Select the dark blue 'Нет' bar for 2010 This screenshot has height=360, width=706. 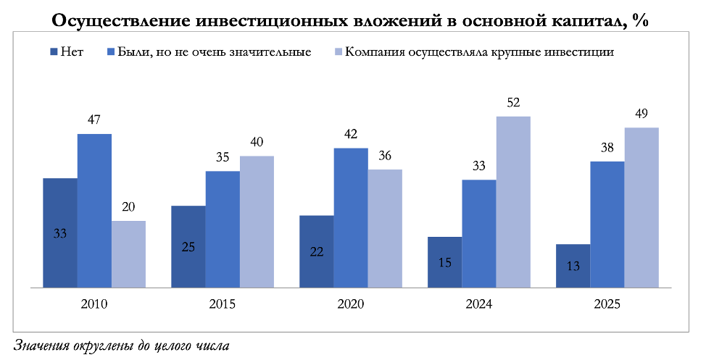pyautogui.click(x=60, y=233)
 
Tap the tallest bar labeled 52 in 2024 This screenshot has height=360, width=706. pyautogui.click(x=513, y=202)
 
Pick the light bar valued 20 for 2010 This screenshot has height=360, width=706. pyautogui.click(x=128, y=254)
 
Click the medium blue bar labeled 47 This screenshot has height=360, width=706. pyautogui.click(x=94, y=211)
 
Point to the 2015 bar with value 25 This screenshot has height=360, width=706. pyautogui.click(x=188, y=246)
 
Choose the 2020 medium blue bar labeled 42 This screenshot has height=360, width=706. pyautogui.click(x=351, y=218)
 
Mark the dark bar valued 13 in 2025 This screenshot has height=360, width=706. pyautogui.click(x=572, y=266)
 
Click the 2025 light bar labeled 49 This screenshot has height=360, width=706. pyautogui.click(x=641, y=208)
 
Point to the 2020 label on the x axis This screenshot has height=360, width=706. pyautogui.click(x=351, y=305)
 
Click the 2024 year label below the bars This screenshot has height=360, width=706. pyautogui.click(x=478, y=305)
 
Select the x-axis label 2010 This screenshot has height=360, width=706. pyautogui.click(x=94, y=305)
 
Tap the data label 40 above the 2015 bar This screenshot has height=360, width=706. pyautogui.click(x=257, y=142)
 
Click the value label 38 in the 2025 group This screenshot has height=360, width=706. pyautogui.click(x=607, y=147)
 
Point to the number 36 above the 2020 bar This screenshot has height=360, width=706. pyautogui.click(x=385, y=155)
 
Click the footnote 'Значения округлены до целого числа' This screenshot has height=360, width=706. pyautogui.click(x=121, y=345)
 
